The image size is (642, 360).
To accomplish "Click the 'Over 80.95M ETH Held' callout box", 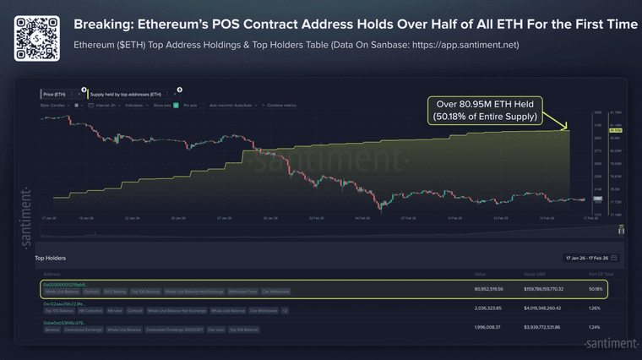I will pyautogui.click(x=485, y=110).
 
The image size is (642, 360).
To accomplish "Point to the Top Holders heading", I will pyautogui.click(x=50, y=258).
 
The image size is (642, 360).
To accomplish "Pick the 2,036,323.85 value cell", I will pyautogui.click(x=491, y=308).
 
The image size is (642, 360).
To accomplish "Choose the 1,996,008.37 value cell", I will pyautogui.click(x=491, y=327).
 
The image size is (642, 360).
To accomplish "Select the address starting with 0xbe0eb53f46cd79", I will pyautogui.click(x=65, y=323).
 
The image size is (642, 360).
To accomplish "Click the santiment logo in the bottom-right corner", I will pyautogui.click(x=611, y=344).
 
